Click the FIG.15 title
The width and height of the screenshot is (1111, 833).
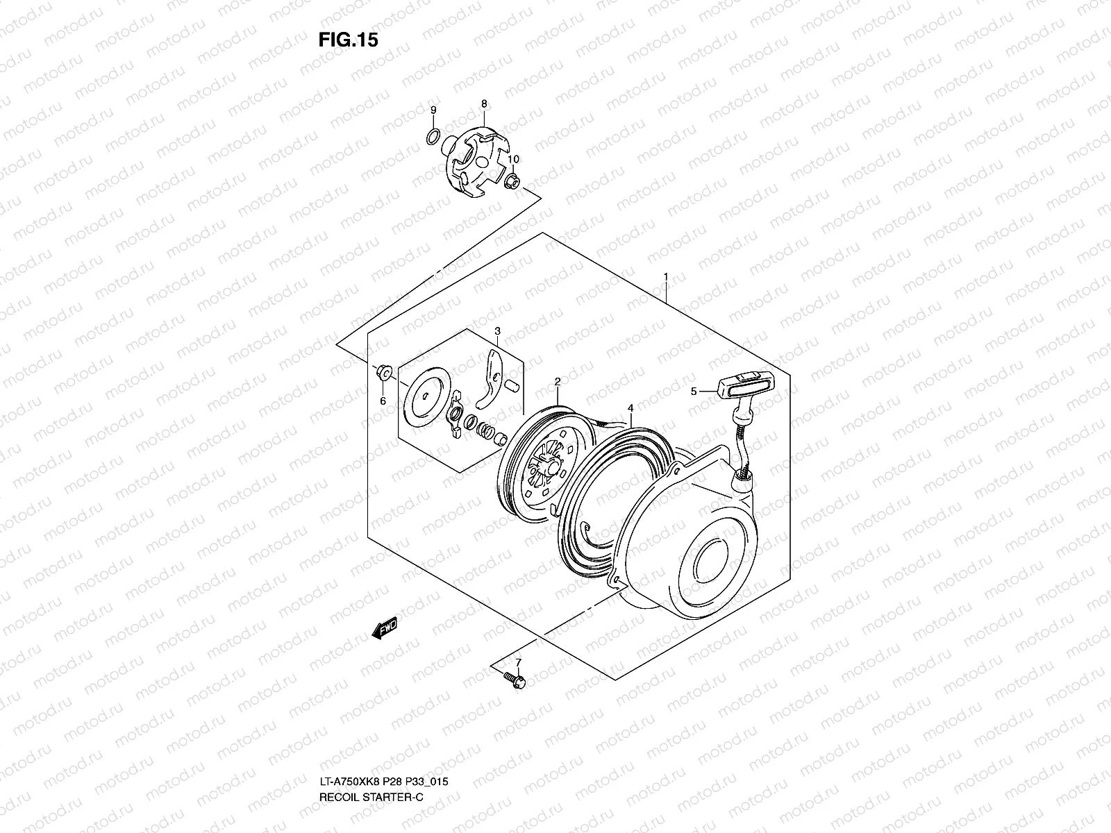348,40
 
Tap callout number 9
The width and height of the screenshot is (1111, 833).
433,110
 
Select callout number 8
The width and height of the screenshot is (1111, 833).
484,103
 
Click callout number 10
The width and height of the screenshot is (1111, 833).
514,160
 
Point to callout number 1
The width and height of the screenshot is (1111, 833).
665,276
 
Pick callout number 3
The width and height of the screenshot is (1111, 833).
498,331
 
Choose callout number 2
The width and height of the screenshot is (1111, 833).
557,381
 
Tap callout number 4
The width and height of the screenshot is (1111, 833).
630,408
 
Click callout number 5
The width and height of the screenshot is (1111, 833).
693,392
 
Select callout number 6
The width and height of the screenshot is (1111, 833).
382,401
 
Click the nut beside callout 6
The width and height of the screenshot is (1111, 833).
382,373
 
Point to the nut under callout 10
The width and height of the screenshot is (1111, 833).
512,183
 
